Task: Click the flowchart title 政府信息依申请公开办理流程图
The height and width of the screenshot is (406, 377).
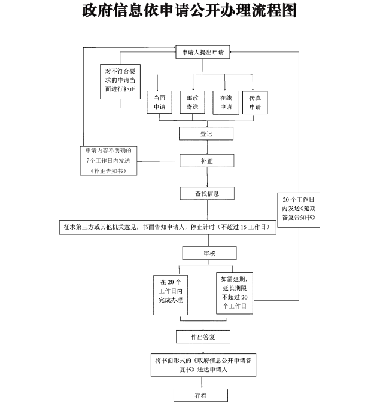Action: tap(189, 11)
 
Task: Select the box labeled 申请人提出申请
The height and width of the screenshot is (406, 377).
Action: tap(203, 53)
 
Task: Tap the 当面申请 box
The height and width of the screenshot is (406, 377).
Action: tap(160, 102)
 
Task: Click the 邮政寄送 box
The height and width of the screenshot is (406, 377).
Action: tap(192, 102)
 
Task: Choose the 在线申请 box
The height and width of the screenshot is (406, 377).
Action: tap(226, 102)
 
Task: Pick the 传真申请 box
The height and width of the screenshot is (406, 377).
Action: tap(256, 102)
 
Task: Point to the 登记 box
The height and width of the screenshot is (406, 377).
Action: tap(206, 134)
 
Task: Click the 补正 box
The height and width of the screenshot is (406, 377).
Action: tap(206, 161)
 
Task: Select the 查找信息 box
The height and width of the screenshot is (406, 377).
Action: tap(207, 193)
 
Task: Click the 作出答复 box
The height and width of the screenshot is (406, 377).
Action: tap(203, 337)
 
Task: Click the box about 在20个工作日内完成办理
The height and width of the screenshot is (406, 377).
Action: tap(171, 291)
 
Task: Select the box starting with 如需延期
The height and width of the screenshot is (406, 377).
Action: tap(235, 292)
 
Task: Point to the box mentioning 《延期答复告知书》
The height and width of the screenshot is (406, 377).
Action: tap(300, 210)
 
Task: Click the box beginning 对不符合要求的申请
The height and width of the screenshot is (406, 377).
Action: tap(120, 84)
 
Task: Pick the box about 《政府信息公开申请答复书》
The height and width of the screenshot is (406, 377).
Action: tap(203, 365)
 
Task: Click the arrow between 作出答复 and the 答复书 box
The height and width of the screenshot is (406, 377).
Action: tap(203, 349)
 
